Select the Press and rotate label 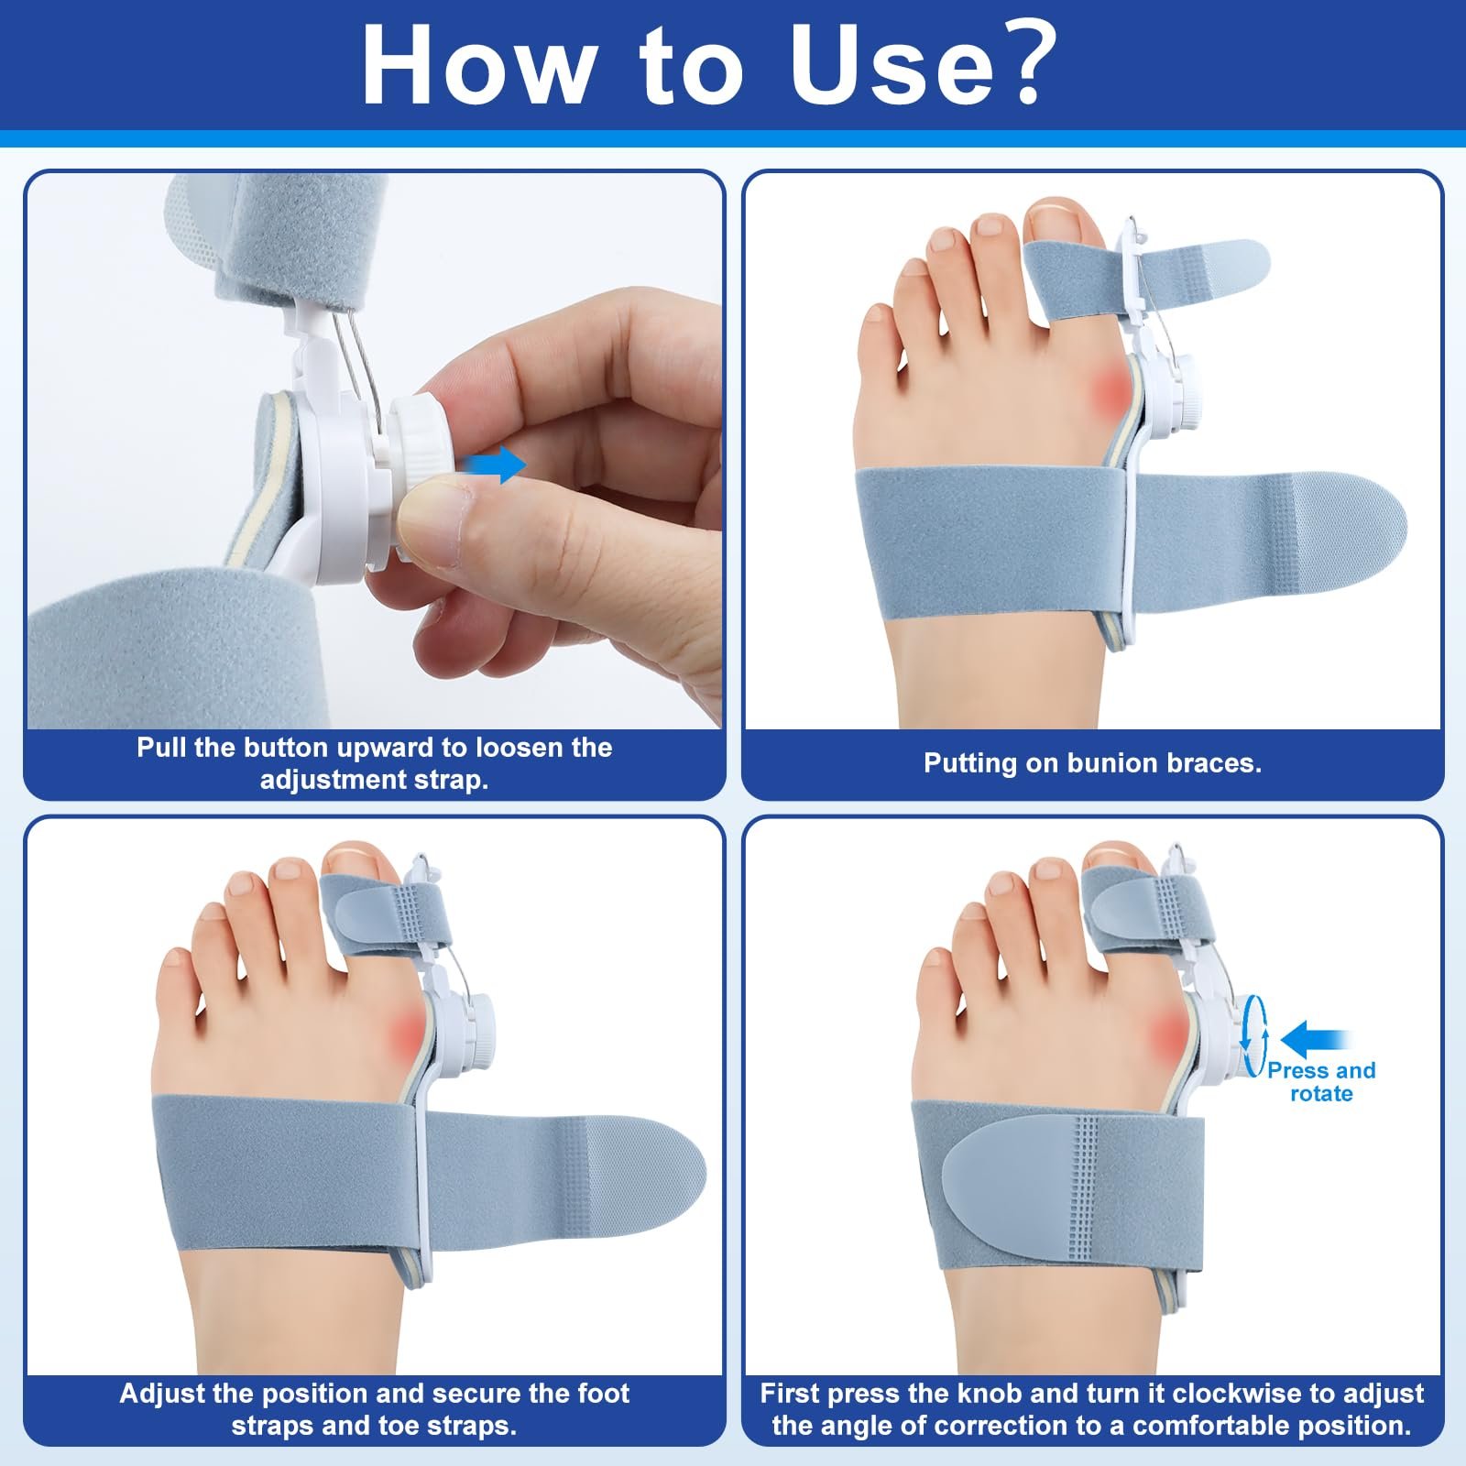click(x=1320, y=1082)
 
